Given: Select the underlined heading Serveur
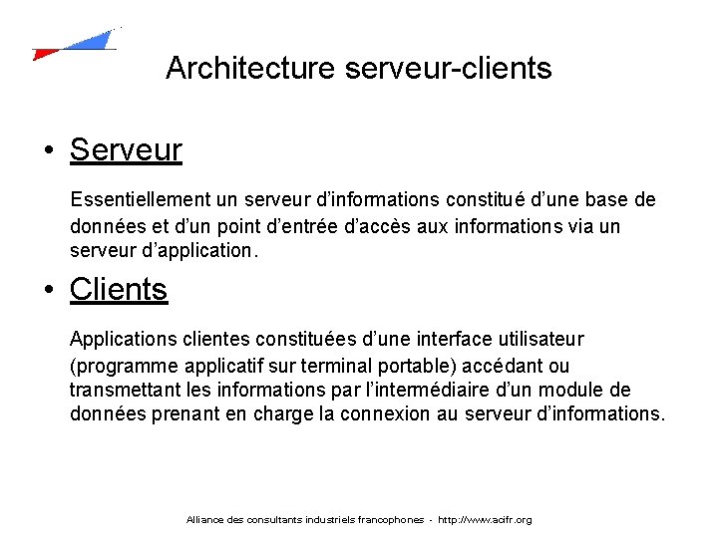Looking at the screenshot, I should click(126, 150).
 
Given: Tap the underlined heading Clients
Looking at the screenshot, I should click(119, 289).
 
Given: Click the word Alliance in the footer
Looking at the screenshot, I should click(205, 520).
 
